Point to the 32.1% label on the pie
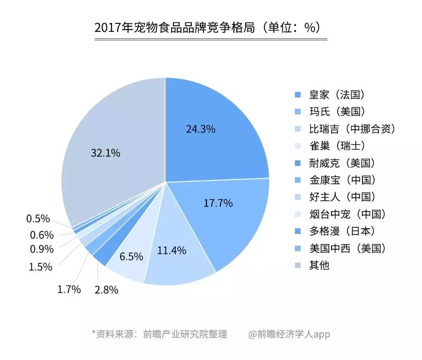click(x=105, y=153)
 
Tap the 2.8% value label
click(x=106, y=290)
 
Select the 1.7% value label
click(x=69, y=289)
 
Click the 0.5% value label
click(x=38, y=219)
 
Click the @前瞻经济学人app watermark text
click(x=289, y=334)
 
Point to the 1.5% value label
click(x=41, y=267)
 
